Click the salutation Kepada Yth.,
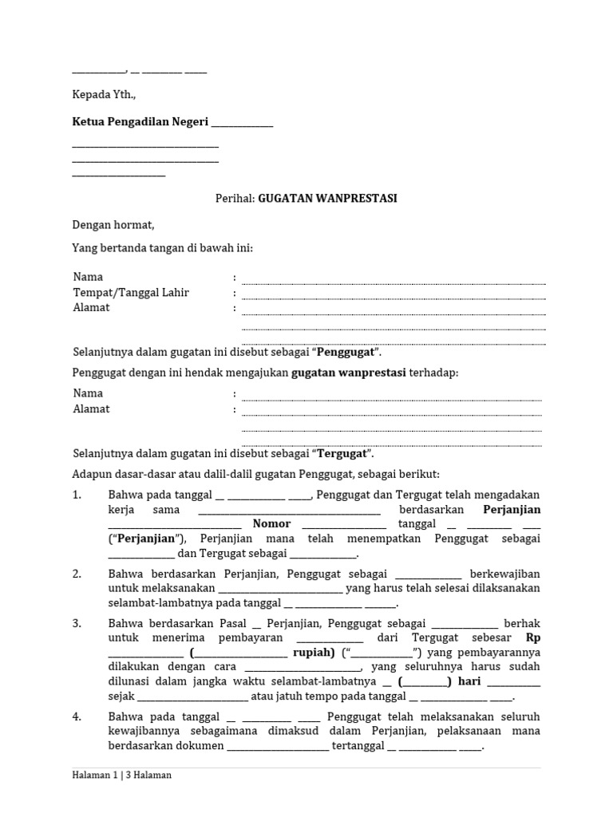click(x=104, y=94)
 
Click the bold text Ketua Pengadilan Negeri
click(x=140, y=122)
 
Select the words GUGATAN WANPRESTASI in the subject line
click(x=327, y=198)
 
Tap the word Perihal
click(x=233, y=198)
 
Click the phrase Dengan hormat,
click(x=113, y=225)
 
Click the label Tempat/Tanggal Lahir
click(x=131, y=292)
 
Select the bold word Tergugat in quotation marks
click(x=343, y=453)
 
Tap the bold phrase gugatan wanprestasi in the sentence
click(x=349, y=373)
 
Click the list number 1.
click(x=77, y=495)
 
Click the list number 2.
click(x=77, y=573)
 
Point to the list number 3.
click(x=77, y=623)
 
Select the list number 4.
click(x=77, y=716)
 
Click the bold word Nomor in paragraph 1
click(x=271, y=524)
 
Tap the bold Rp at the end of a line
click(x=533, y=637)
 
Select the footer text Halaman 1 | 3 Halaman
click(x=121, y=775)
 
